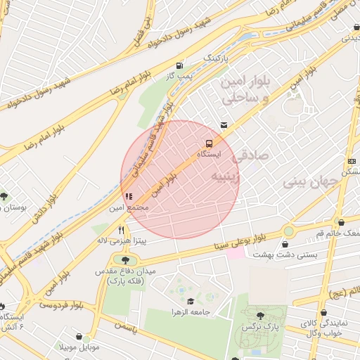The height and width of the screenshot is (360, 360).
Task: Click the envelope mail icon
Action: tap(224, 125)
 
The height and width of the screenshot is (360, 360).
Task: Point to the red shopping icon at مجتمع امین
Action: tap(127, 197)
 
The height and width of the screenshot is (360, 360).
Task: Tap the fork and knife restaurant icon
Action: tap(121, 230)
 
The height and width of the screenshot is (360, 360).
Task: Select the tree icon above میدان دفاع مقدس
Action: tap(121, 259)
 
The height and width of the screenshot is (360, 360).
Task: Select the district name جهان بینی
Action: tap(311, 181)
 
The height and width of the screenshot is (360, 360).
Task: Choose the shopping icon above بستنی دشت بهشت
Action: tap(285, 244)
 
